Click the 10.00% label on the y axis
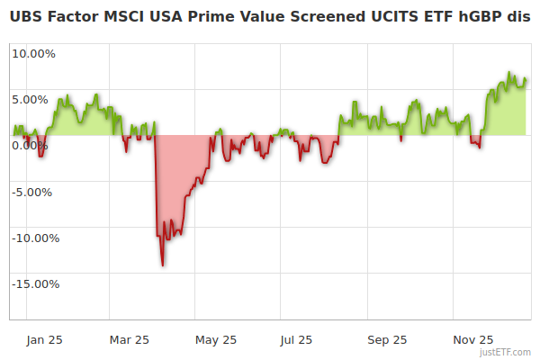[x=33, y=53]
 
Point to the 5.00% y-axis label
[x=33, y=99]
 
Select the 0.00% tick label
[x=33, y=146]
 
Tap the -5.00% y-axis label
[x=33, y=192]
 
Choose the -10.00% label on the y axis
[x=33, y=238]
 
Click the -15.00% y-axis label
[x=33, y=284]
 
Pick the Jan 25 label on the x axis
[x=44, y=340]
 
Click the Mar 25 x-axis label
[x=129, y=340]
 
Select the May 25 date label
[x=216, y=340]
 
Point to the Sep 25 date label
[x=387, y=340]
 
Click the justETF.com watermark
[x=505, y=352]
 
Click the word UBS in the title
[x=26, y=17]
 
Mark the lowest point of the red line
[x=162, y=265]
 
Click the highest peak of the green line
[x=508, y=73]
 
